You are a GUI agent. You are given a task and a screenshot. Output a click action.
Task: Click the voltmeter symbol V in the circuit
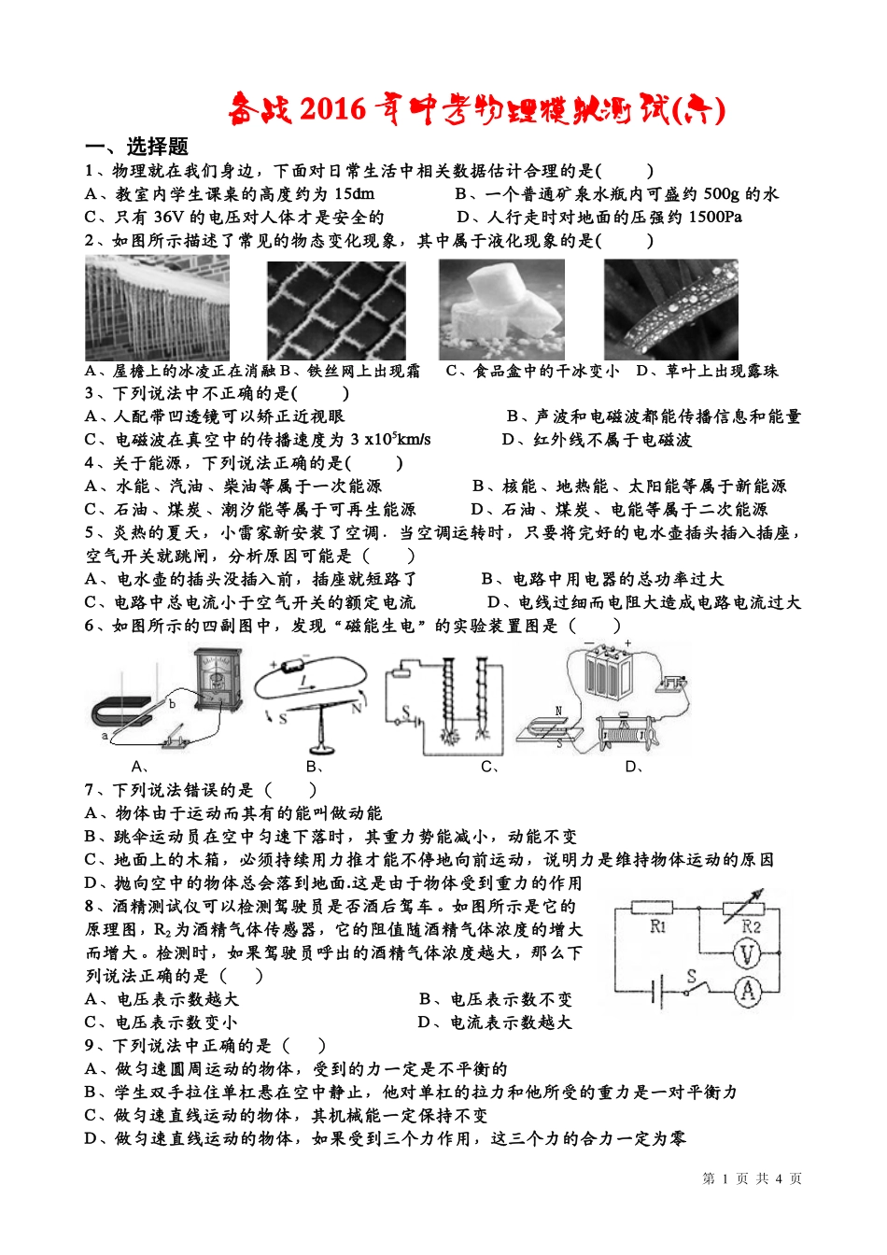click(746, 954)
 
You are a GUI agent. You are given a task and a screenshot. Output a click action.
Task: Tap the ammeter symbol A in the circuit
click(747, 991)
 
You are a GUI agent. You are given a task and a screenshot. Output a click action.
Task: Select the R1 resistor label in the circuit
click(658, 926)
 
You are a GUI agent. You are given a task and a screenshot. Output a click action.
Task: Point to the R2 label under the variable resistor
click(751, 926)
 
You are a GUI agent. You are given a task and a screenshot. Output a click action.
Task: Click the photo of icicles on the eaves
click(157, 308)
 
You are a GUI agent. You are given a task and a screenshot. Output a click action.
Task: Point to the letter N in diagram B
click(356, 709)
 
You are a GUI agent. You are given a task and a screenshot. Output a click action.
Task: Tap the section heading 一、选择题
click(136, 147)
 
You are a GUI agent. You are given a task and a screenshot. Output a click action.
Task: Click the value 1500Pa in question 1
click(715, 218)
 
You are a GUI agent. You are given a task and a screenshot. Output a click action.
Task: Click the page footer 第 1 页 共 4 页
click(752, 1178)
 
